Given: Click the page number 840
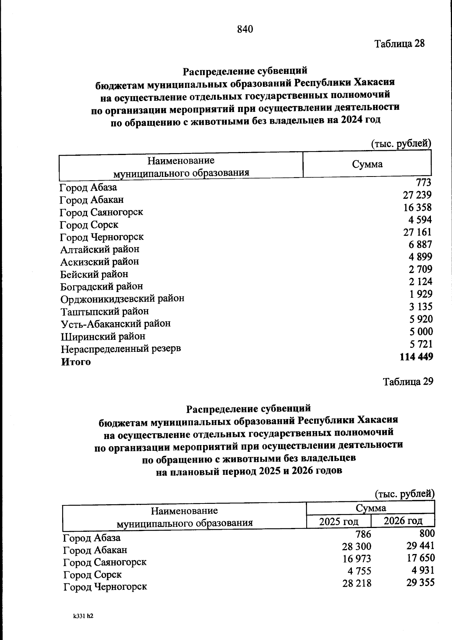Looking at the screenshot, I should tap(245, 29).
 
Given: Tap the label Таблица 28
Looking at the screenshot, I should tap(399, 44).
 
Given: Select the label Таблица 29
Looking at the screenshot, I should tap(408, 382).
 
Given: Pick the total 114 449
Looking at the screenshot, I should tap(416, 357).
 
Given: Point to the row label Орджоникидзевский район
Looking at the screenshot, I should tap(122, 299).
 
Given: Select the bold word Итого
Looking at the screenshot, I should tap(76, 362).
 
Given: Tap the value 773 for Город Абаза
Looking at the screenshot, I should tap(423, 183).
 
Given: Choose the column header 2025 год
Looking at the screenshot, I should tap(339, 522).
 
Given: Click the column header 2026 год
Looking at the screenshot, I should tap(403, 521).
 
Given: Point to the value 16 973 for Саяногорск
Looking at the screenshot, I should tap(356, 559).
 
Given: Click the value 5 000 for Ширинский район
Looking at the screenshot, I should tap(421, 332).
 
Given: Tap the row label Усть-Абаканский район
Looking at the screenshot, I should tap(116, 324).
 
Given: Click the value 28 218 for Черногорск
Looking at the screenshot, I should tap(356, 583).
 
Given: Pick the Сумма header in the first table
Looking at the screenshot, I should tap(367, 164).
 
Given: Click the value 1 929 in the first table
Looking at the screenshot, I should tap(421, 294).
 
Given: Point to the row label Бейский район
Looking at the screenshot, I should tap(94, 274).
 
